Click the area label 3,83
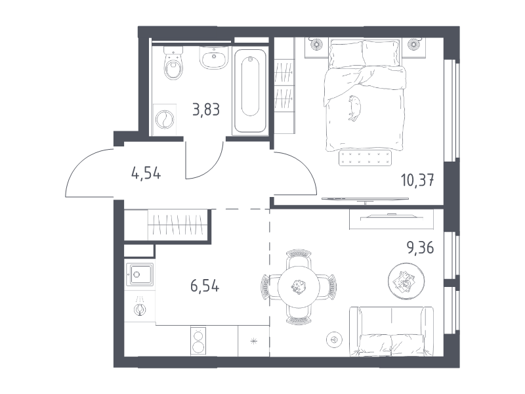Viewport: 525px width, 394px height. (x=206, y=110)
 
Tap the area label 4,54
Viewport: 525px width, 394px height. (x=146, y=173)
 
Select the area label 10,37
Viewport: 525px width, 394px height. (x=417, y=180)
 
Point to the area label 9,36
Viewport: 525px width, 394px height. (x=420, y=248)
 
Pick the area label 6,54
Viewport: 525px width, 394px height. (x=205, y=286)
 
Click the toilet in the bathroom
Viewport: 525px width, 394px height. (x=173, y=63)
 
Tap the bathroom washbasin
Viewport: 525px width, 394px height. (x=214, y=57)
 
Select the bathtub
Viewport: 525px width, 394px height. (x=250, y=91)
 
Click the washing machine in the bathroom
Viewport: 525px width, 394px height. (x=165, y=120)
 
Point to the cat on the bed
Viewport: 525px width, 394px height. (x=354, y=108)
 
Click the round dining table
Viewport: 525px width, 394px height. (x=299, y=287)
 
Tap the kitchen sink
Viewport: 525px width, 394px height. (x=140, y=274)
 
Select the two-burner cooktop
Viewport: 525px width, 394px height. (x=198, y=341)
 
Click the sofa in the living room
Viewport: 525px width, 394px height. (x=391, y=332)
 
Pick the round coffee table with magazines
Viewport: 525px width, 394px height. (x=406, y=281)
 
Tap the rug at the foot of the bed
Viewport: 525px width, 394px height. (x=365, y=158)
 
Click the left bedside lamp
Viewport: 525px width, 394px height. (x=316, y=43)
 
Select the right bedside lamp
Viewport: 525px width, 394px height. (x=414, y=43)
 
